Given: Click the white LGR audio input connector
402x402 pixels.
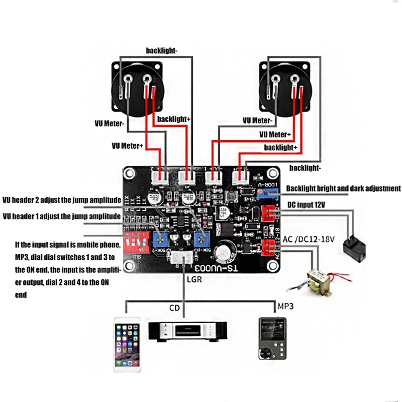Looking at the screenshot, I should [x=180, y=259].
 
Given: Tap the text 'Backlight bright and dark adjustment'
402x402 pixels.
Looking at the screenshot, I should [x=343, y=188].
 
